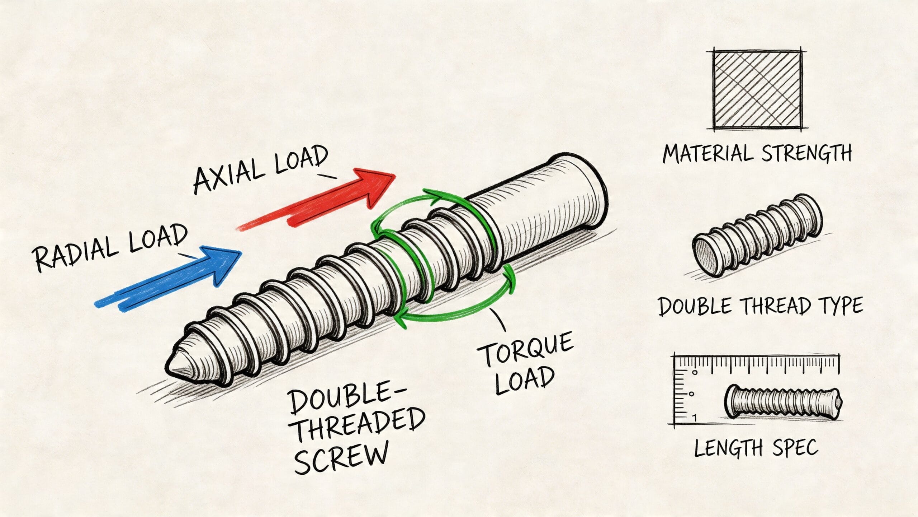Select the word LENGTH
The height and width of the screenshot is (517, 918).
(x=728, y=448)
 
